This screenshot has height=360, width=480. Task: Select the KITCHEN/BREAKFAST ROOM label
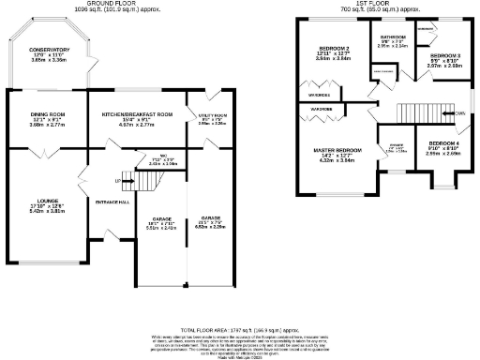click(x=138, y=113)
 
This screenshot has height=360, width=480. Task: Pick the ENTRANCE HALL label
click(x=112, y=202)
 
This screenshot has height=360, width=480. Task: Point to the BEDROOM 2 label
click(x=335, y=48)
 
